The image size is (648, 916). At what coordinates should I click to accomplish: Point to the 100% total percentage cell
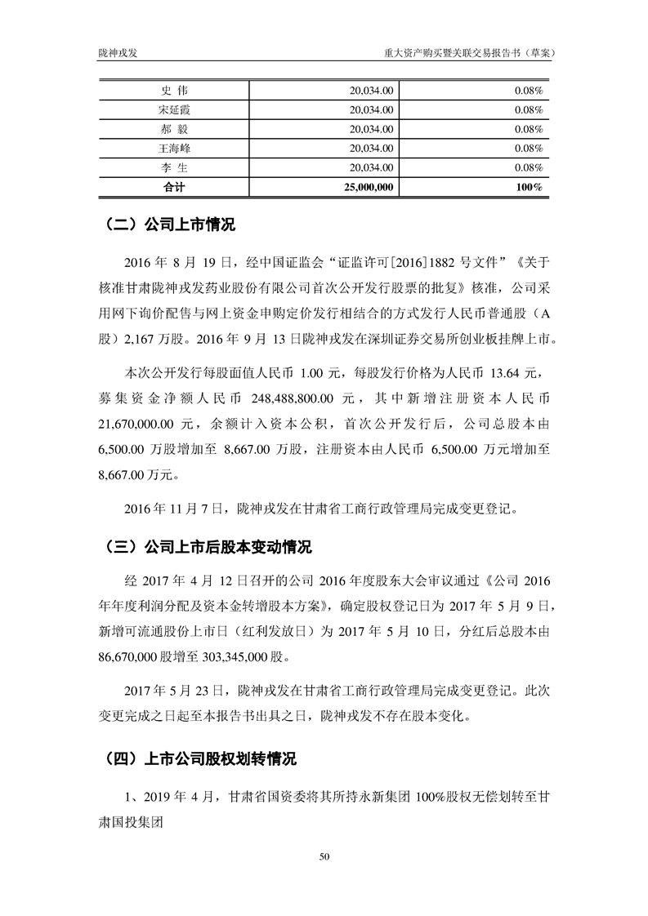[x=530, y=188]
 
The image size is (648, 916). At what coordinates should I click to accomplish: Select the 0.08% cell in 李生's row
[x=530, y=168]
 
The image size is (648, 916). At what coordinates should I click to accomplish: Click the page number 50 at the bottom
[x=324, y=856]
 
